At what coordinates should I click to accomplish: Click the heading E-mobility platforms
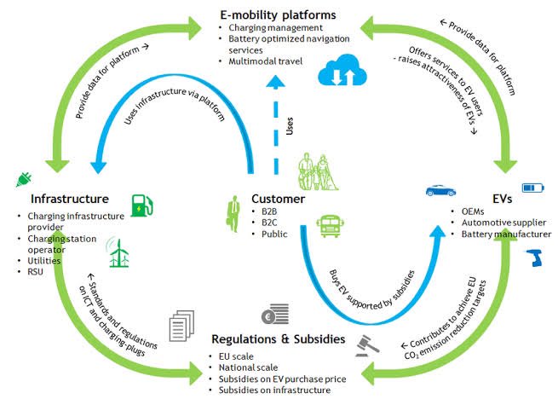click(x=278, y=15)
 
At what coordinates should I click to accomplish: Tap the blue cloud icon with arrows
click(x=342, y=70)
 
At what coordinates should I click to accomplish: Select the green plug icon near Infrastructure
click(x=24, y=179)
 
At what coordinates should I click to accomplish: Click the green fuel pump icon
click(x=142, y=205)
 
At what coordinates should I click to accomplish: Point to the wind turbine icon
click(x=118, y=252)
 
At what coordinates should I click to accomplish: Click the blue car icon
click(x=441, y=191)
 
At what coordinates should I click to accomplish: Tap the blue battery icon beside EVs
click(x=533, y=188)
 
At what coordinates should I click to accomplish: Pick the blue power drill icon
click(x=534, y=258)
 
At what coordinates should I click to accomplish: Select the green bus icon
click(x=330, y=226)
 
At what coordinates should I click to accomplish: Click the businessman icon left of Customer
click(x=233, y=214)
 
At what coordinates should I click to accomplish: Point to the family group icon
click(x=318, y=171)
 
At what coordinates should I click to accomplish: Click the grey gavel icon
click(x=367, y=346)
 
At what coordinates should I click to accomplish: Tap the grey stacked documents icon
click(x=181, y=326)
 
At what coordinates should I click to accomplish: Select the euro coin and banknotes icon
click(x=275, y=314)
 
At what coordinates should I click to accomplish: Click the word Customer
click(x=279, y=199)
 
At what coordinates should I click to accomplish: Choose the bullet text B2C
click(x=269, y=223)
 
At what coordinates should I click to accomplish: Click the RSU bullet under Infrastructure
click(x=35, y=272)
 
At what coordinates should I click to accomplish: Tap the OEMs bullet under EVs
click(x=473, y=211)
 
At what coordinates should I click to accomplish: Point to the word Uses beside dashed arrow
click(x=290, y=126)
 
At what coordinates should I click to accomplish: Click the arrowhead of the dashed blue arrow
click(x=276, y=82)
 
